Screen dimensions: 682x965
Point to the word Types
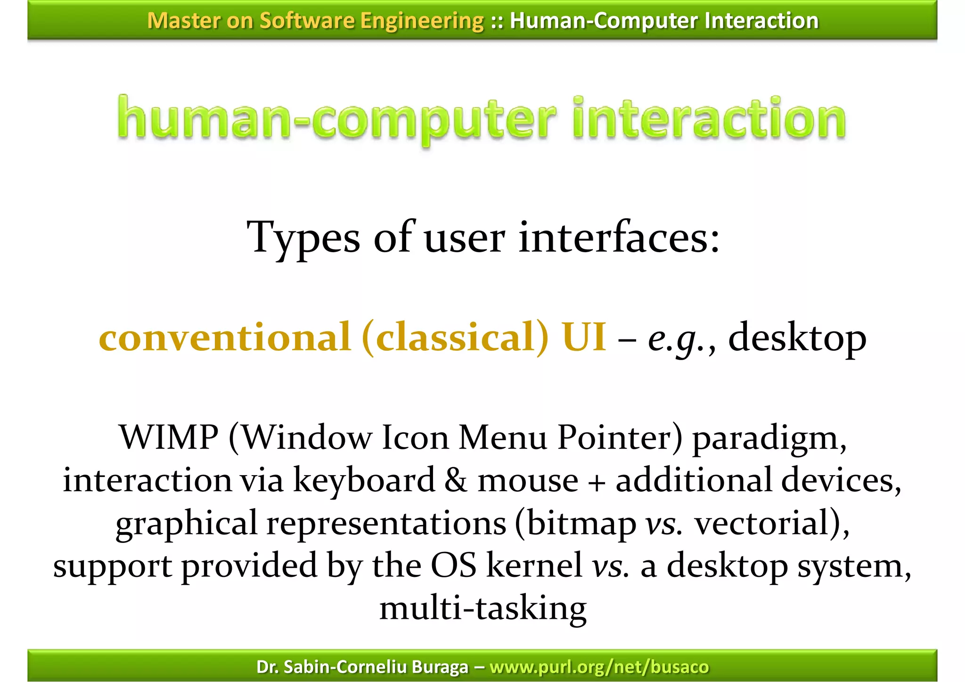click(x=303, y=238)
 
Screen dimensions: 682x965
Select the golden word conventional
click(x=225, y=337)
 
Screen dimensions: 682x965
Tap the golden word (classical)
click(x=455, y=337)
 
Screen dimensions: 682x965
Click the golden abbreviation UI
click(x=584, y=337)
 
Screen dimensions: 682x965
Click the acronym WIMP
click(x=169, y=437)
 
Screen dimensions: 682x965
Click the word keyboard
click(x=364, y=480)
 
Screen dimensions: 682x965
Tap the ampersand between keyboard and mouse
click(x=456, y=480)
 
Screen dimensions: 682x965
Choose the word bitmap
click(x=581, y=524)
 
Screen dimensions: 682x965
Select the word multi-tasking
click(x=483, y=608)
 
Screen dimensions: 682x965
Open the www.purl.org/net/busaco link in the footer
click(x=599, y=667)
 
